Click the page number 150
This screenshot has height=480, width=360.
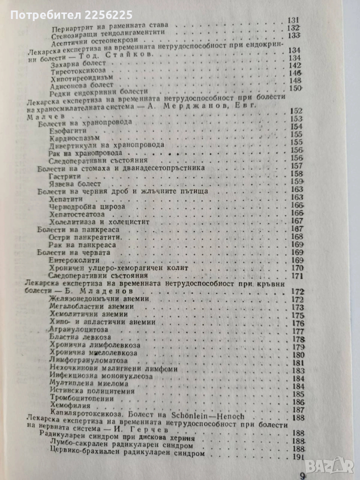pyautogui.click(x=298, y=89)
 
